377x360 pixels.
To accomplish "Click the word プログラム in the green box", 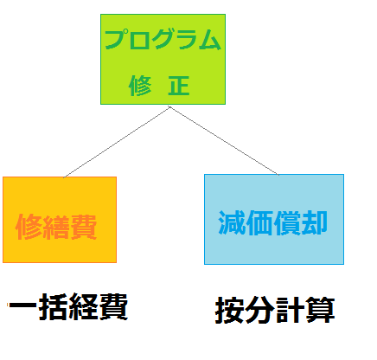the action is coord(163,39).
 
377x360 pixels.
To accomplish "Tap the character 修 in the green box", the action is coord(140,86).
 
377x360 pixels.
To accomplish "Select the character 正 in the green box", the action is coord(179,86).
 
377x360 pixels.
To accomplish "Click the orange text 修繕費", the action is coord(56,227).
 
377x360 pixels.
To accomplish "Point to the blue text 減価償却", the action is coord(272,222).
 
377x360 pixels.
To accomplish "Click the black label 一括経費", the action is coord(67,306).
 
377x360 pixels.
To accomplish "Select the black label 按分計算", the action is coord(275,311).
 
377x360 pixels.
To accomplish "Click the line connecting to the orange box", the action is coord(117,142).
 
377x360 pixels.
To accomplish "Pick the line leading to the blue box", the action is coord(224,141).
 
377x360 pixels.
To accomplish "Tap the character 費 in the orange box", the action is coord(84,227).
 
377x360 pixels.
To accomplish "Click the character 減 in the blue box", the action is coord(231,222).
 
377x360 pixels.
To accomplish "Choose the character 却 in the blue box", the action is coord(315,222).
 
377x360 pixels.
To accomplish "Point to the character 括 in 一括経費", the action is coord(53,306).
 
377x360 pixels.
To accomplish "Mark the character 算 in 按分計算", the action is coord(321,311).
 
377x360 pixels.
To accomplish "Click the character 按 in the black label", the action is coord(229,311).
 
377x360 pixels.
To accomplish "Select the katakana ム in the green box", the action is coord(210,40).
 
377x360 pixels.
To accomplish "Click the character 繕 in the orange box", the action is coord(56,227).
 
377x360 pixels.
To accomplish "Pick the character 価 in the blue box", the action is coord(259,222).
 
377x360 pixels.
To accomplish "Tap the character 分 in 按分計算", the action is coord(259,311).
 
